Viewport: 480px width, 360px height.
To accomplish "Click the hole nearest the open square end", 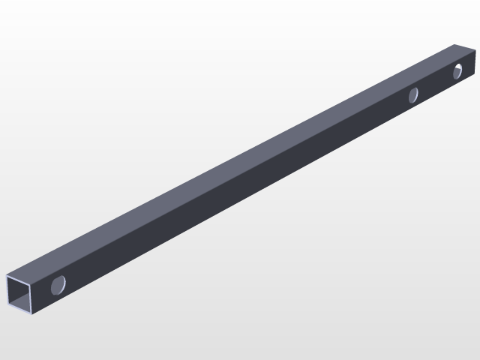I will pyautogui.click(x=58, y=284).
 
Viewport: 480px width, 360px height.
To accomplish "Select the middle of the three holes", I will pyautogui.click(x=412, y=94).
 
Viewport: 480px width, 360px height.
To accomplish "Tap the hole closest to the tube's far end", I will pyautogui.click(x=457, y=72).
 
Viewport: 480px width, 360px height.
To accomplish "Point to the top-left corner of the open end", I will pyautogui.click(x=7, y=275).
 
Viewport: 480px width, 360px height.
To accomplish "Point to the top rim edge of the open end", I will pyautogui.click(x=21, y=275).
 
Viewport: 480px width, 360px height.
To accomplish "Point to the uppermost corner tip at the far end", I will pyautogui.click(x=458, y=44).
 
